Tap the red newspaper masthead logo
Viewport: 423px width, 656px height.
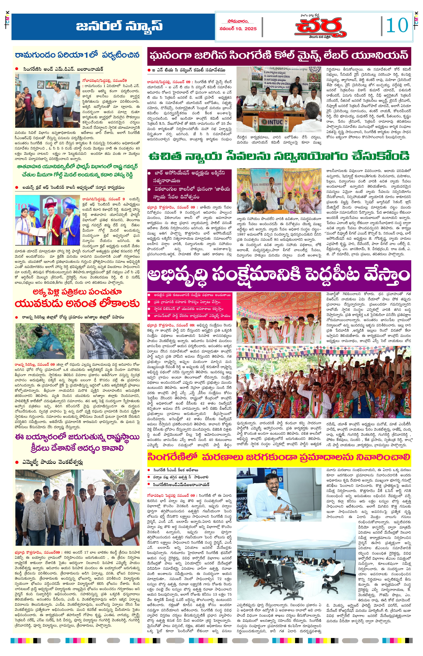(x=319, y=28)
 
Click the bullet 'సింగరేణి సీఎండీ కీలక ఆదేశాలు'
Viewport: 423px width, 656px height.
(x=176, y=470)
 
